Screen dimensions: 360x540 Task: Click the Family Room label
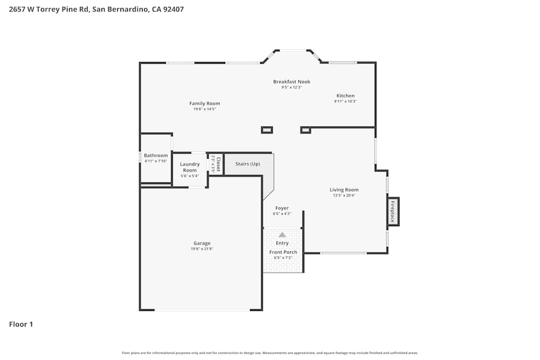point(205,104)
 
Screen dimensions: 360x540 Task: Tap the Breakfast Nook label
point(292,81)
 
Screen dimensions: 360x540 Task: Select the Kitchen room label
point(346,96)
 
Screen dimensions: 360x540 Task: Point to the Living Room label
point(344,189)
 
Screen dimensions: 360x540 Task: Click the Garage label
point(202,243)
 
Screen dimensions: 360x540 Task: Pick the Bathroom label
point(156,155)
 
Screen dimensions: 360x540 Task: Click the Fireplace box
point(393,211)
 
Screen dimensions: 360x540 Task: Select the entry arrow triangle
point(282,235)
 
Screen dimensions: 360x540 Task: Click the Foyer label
point(282,208)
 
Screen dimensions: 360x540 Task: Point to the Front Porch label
point(283,252)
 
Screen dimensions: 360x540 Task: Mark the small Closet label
point(218,164)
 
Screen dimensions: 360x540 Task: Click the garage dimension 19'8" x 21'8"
point(202,249)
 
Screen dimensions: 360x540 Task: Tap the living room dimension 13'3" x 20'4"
point(344,195)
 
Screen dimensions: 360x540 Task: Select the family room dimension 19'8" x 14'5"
point(205,109)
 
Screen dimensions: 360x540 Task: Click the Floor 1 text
point(21,324)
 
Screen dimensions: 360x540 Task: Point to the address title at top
point(96,9)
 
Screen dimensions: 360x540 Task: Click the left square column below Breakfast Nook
point(267,130)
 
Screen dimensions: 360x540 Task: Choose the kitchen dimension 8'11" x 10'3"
point(346,101)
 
